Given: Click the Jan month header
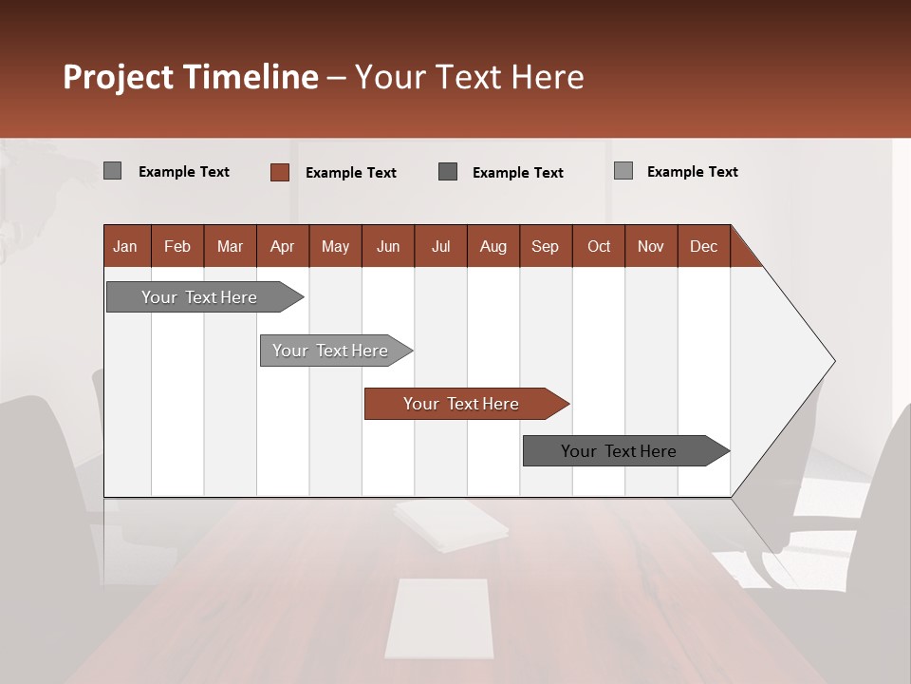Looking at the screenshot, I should [126, 246].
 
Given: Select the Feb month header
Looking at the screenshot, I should [177, 246].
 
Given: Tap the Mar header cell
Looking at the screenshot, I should [230, 246].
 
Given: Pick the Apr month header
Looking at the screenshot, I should [283, 246].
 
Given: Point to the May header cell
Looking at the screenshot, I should [335, 246].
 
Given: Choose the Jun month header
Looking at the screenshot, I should [388, 246].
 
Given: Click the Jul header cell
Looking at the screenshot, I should [440, 246].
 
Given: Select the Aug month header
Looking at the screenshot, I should [493, 246].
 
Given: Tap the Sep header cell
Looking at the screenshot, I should [546, 246].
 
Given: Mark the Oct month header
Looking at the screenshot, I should [599, 246].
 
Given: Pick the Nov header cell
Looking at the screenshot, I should [651, 246].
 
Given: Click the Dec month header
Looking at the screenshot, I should [704, 246].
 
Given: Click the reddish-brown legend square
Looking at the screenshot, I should [279, 172].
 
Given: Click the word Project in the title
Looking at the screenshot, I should [117, 77].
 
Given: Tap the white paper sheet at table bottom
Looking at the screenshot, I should [438, 618].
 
